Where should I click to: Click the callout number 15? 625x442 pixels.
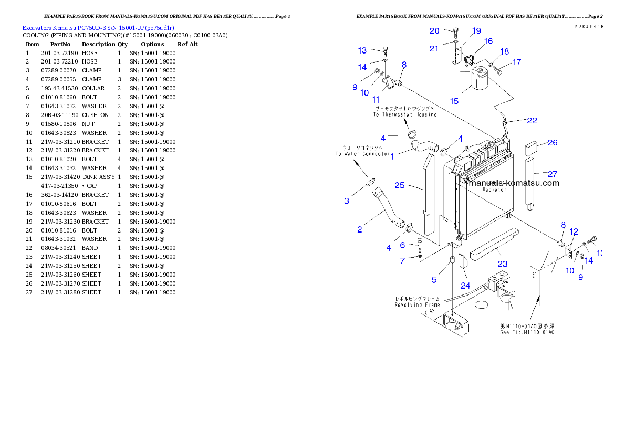coord(454,101)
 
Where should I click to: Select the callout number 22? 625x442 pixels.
coord(532,121)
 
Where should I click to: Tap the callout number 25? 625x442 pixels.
coord(400,185)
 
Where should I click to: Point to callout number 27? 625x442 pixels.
coord(553,174)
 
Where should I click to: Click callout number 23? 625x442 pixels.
coord(503,264)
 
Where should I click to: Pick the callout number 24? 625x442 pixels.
coord(465,286)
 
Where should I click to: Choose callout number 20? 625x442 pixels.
coord(434,31)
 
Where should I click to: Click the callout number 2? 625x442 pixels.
coord(359,229)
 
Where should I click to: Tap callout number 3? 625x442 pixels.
coord(347,201)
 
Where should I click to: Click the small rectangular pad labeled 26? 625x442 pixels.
coord(530,145)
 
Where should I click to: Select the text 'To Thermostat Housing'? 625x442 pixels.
coord(405,114)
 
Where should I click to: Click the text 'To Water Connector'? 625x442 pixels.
coord(363,154)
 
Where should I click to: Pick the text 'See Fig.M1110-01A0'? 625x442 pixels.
coord(527,332)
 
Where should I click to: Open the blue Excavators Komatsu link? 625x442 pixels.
coord(98,27)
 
